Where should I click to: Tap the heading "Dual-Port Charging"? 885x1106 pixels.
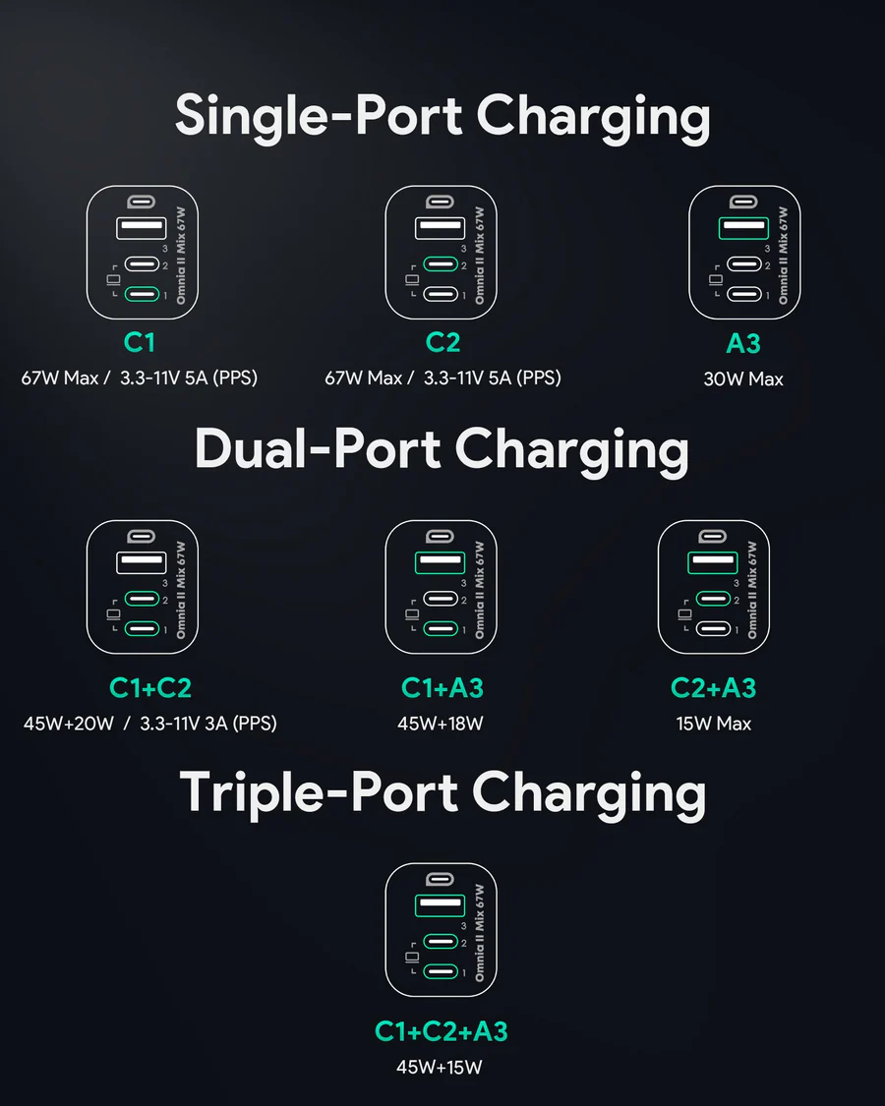coord(442,450)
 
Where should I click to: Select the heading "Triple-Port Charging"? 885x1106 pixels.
coord(442,792)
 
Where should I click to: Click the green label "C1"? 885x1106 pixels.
coord(141,343)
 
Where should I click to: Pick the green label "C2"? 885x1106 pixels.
coord(442,343)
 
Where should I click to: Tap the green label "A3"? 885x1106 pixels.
coord(743,343)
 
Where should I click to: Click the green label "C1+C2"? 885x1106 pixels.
coord(150,688)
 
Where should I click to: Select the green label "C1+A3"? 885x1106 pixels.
coord(442,688)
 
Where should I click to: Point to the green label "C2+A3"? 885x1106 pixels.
coord(713,688)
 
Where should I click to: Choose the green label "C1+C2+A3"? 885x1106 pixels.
coord(442,1031)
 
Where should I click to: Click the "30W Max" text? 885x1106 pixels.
coord(743,378)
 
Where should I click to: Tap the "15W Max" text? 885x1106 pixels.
coord(714,724)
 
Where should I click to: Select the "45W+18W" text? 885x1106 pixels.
coord(441,724)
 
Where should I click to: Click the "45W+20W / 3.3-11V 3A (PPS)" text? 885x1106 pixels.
coord(150,724)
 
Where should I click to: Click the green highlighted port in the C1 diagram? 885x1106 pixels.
coord(144,294)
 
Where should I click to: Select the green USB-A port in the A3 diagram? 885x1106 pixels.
coord(744,227)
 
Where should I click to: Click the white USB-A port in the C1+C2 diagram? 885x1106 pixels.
coord(142,562)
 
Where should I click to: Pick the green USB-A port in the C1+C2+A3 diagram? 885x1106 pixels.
coord(441,905)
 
